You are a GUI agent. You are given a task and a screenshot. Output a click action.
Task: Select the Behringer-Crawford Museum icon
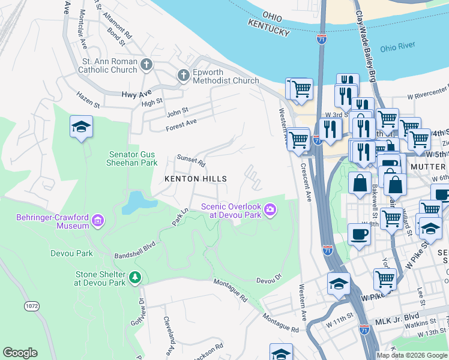click(x=98, y=220)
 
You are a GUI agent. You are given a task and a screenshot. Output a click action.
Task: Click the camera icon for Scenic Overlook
click(x=271, y=209)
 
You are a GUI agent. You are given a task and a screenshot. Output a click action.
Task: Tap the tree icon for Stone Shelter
click(x=136, y=277)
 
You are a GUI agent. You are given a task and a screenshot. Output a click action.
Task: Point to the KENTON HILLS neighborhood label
click(x=196, y=179)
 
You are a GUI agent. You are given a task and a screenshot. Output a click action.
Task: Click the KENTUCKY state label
click(x=268, y=32)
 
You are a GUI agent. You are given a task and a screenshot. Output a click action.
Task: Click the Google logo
click(x=20, y=352)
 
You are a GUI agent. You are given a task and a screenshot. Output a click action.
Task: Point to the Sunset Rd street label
click(x=191, y=161)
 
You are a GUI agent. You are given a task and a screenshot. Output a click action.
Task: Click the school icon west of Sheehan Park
click(x=81, y=127)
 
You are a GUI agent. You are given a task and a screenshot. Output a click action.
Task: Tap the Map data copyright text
click(x=412, y=355)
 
